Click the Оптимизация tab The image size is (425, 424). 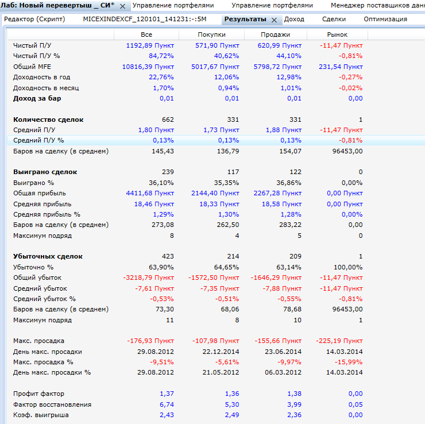click(x=385, y=19)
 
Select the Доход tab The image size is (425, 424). click(x=294, y=19)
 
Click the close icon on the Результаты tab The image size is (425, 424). click(x=274, y=20)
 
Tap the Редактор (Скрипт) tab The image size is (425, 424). click(x=34, y=19)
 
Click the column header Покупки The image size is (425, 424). click(x=211, y=35)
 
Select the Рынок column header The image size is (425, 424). click(x=337, y=35)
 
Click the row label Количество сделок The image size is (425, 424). click(x=48, y=120)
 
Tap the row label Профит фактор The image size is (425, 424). click(x=38, y=394)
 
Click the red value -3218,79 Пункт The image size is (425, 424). click(x=148, y=277)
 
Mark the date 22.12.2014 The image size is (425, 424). click(x=220, y=352)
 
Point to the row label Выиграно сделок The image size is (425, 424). click(x=45, y=172)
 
